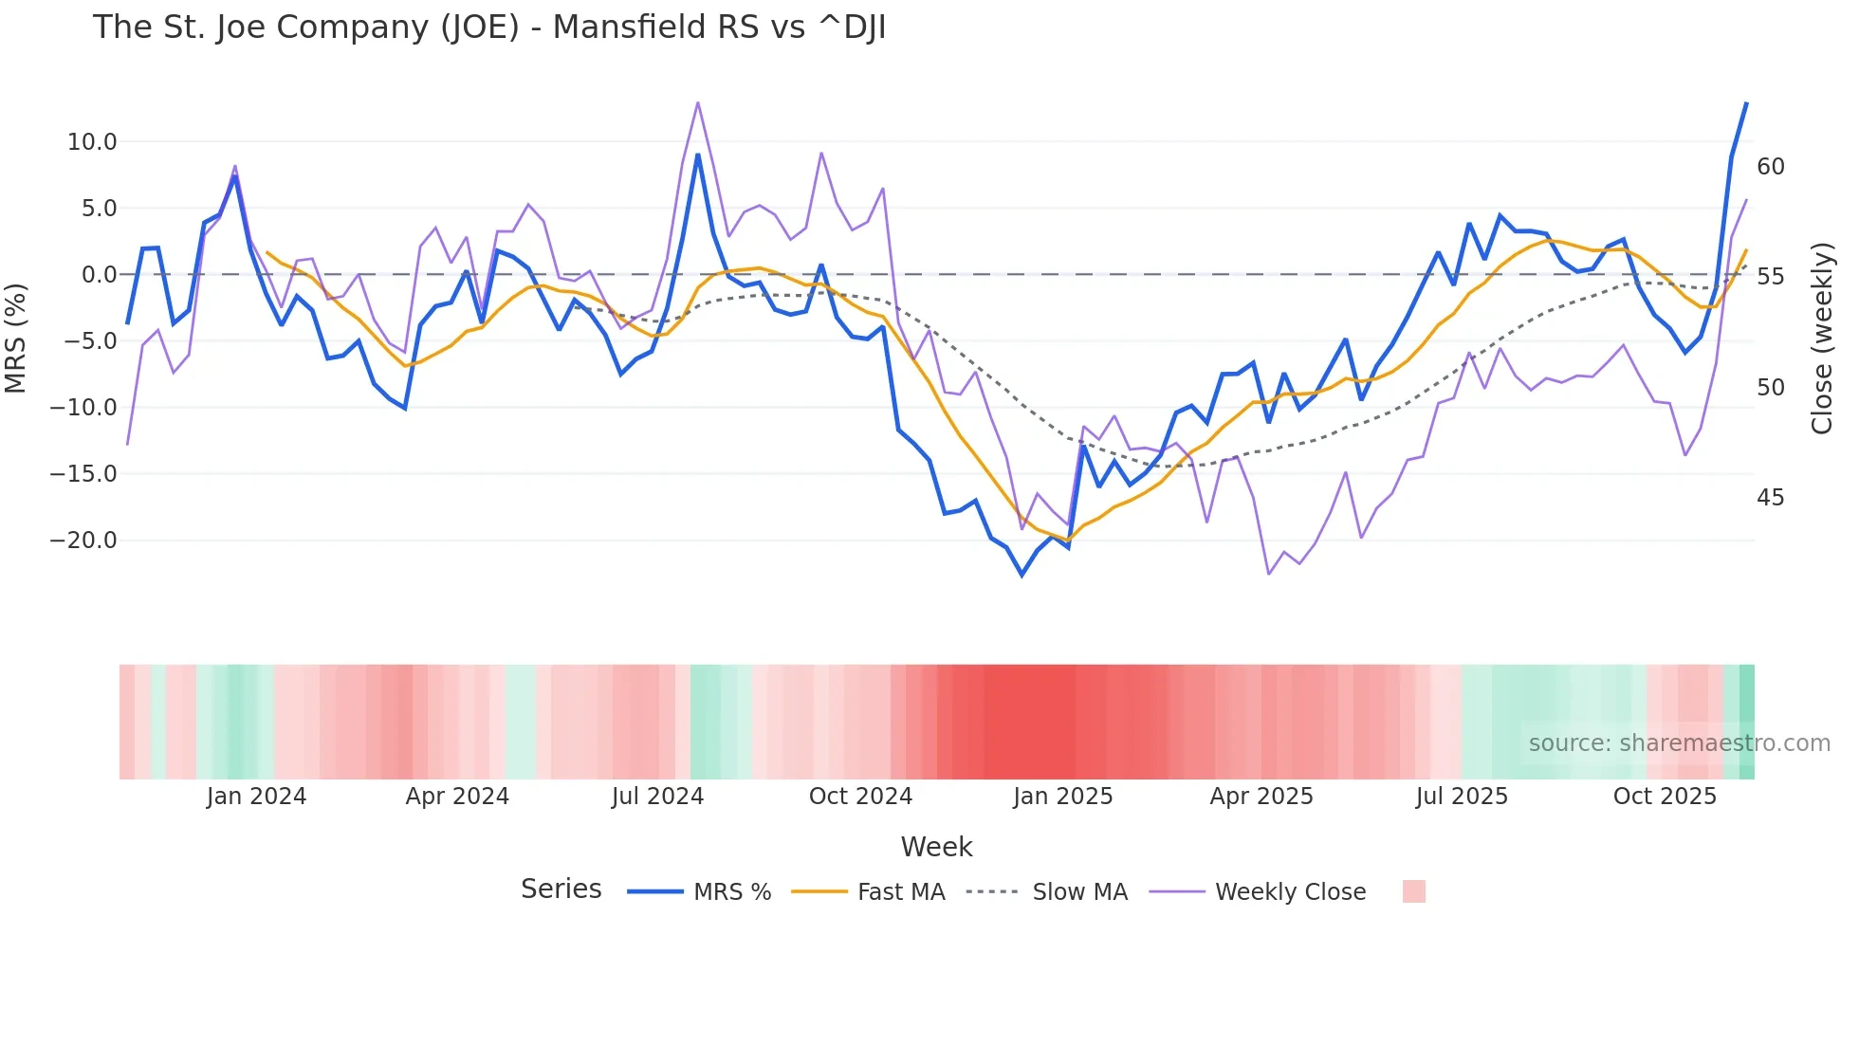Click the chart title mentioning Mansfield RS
(489, 27)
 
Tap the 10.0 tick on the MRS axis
(92, 142)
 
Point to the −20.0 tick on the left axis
(83, 541)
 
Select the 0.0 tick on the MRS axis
(99, 275)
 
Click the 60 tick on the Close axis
(1771, 167)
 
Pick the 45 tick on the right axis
(1771, 498)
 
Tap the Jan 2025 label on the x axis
(1062, 797)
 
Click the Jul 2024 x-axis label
(657, 797)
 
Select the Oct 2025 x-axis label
(1665, 797)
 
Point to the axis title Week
(936, 847)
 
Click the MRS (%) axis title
(16, 339)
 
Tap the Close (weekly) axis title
(1822, 339)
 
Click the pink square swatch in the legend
(1413, 891)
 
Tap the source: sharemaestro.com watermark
(1679, 743)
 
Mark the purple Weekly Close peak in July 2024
(698, 102)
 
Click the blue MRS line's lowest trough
(1022, 575)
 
